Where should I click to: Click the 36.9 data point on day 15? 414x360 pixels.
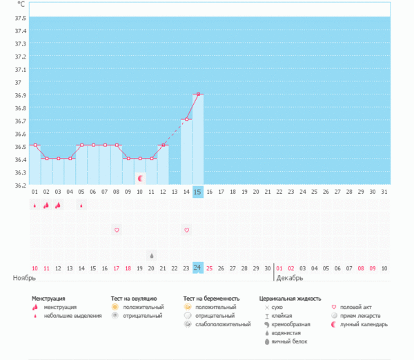point(198,94)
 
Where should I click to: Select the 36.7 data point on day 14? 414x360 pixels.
point(186,119)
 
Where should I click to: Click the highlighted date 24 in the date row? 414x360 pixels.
point(198,268)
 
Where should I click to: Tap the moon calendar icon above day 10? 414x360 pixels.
point(140,178)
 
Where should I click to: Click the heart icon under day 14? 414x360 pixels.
point(186,229)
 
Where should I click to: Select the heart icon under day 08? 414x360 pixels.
point(117,229)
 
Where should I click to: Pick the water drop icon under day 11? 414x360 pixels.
point(152,254)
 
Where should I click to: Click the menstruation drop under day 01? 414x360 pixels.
point(34,205)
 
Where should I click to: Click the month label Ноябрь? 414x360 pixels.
point(24,278)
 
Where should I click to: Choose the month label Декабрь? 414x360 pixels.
point(289,278)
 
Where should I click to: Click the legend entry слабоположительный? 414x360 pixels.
point(223,324)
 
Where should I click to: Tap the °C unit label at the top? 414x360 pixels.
point(20,5)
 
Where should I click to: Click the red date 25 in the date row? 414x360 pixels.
point(210,268)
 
